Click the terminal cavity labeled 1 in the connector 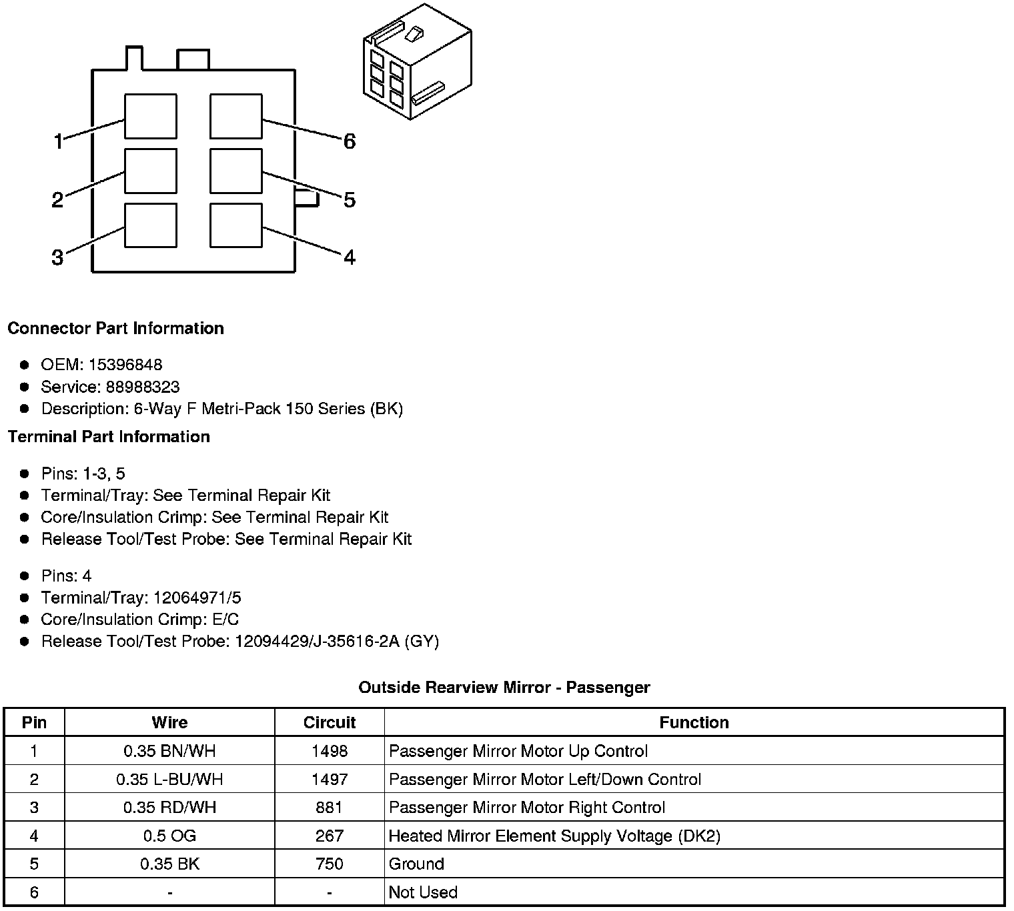[x=151, y=116]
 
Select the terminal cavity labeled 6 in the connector [x=235, y=116]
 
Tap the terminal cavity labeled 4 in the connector [x=235, y=225]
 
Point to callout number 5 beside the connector [x=350, y=200]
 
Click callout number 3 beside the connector [x=57, y=257]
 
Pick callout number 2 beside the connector [x=57, y=199]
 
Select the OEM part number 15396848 [x=125, y=365]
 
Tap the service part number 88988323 [x=143, y=387]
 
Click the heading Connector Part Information [x=116, y=328]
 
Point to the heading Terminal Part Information [x=109, y=437]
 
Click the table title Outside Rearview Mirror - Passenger [x=504, y=688]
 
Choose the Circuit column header [x=330, y=722]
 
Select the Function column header [x=694, y=722]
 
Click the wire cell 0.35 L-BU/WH [x=169, y=779]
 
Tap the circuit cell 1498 [x=330, y=751]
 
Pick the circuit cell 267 [x=330, y=836]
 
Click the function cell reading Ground [x=416, y=864]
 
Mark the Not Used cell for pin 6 [x=423, y=892]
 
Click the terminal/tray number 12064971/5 [x=197, y=598]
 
